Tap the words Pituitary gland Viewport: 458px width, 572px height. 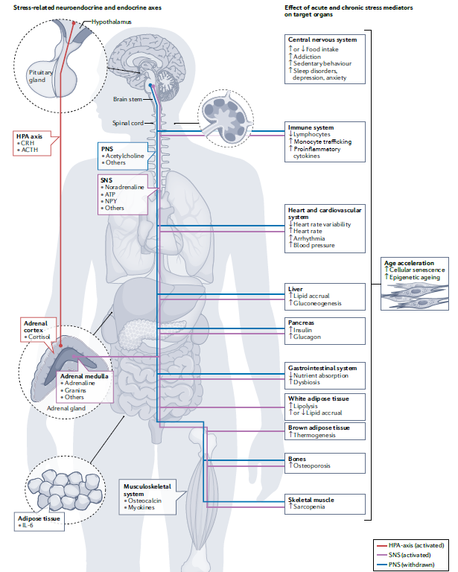point(41,75)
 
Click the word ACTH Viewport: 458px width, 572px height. point(29,150)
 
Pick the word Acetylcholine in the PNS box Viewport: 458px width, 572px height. point(124,156)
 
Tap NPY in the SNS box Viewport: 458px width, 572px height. point(112,200)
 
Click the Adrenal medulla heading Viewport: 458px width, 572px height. point(84,376)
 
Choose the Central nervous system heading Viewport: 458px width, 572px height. point(322,39)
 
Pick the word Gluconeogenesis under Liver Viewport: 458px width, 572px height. point(322,304)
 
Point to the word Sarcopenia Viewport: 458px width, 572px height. point(311,506)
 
